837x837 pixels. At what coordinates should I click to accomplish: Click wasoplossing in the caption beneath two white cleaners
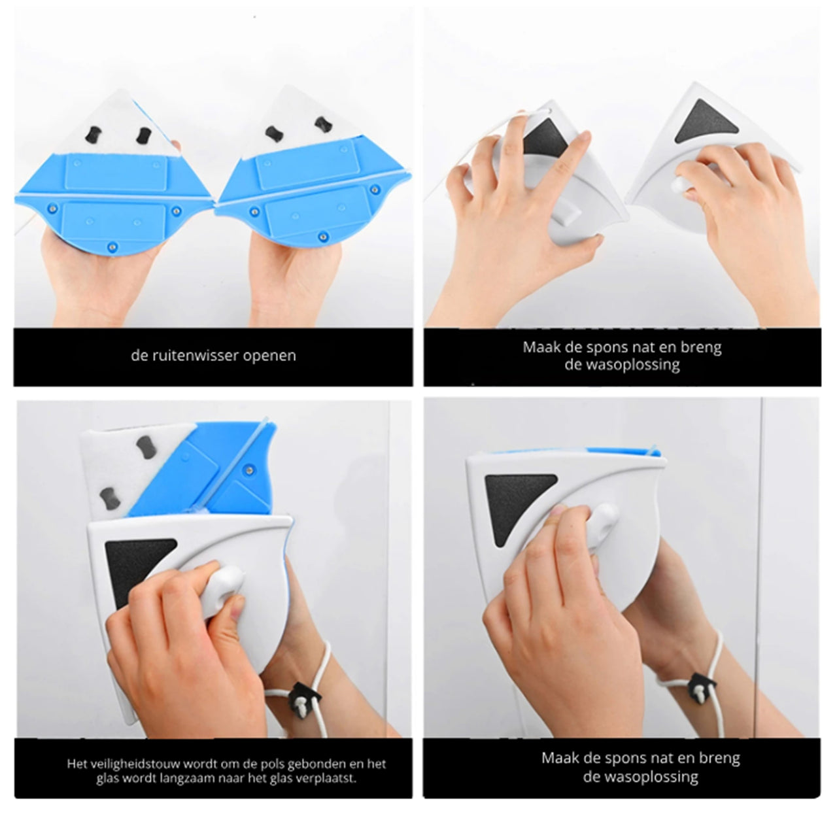[622, 365]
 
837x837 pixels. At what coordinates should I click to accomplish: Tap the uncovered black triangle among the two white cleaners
[707, 123]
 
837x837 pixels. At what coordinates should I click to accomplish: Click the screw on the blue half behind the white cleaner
[249, 469]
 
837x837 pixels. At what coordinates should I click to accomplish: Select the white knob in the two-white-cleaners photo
[680, 184]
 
